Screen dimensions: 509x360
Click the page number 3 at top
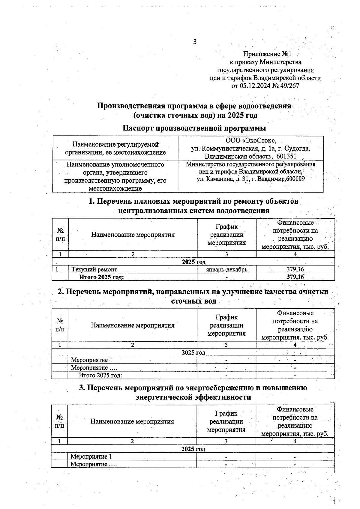tap(195, 42)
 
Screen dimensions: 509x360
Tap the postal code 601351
tap(286, 156)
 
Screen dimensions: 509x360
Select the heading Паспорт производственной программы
tap(194, 128)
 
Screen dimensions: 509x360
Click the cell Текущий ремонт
tap(94, 269)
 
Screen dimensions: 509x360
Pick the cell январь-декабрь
tap(226, 269)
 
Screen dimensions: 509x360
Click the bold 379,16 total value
tap(295, 277)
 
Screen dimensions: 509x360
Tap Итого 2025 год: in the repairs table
tap(101, 277)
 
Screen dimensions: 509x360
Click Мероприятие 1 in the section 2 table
tap(91, 360)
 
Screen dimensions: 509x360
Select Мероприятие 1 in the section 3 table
tap(91, 457)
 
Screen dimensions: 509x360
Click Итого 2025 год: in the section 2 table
tap(100, 375)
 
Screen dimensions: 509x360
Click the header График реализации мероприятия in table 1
tap(226, 235)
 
